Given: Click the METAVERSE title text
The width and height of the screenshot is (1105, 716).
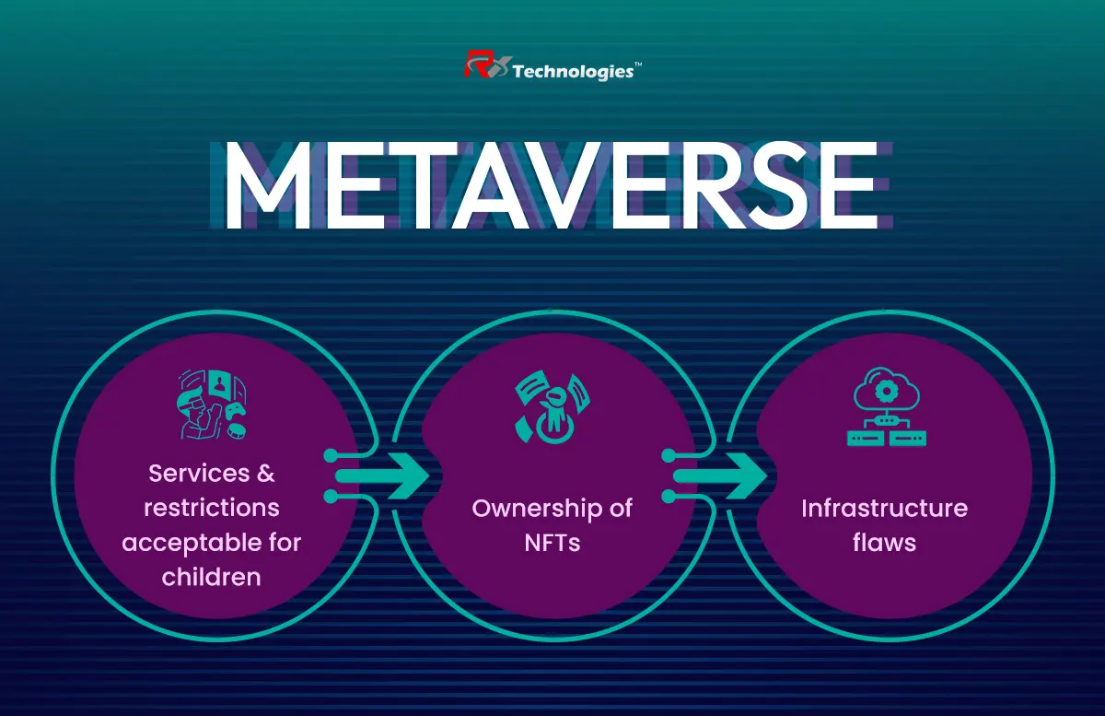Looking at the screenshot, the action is point(551,185).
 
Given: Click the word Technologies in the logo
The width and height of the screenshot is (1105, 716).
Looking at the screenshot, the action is point(573,72).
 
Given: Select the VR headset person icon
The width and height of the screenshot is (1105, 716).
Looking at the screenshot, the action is point(212,405).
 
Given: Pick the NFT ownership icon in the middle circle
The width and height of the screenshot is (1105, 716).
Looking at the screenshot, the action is point(552,408).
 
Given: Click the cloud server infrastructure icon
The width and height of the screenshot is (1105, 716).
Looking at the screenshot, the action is point(887,406).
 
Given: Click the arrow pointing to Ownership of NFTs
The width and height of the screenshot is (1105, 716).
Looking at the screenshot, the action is point(381,476).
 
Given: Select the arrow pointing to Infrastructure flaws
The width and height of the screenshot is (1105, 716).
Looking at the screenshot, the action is point(720,476).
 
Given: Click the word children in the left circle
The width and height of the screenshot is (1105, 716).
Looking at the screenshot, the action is point(211,577).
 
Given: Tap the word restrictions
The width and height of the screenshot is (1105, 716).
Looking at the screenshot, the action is point(212,508).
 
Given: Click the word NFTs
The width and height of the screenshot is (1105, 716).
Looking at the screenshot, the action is point(552,543).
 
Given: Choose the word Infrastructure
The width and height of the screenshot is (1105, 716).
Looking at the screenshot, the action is point(885,508).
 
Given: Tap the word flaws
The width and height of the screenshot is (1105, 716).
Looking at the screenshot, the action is point(885,542).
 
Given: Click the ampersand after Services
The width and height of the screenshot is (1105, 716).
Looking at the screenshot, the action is point(265,474).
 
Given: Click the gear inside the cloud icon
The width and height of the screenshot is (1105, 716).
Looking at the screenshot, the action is point(887,392).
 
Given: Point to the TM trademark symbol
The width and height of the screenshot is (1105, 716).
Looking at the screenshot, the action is point(638,65).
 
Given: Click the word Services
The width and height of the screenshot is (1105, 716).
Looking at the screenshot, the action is point(199,474).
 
